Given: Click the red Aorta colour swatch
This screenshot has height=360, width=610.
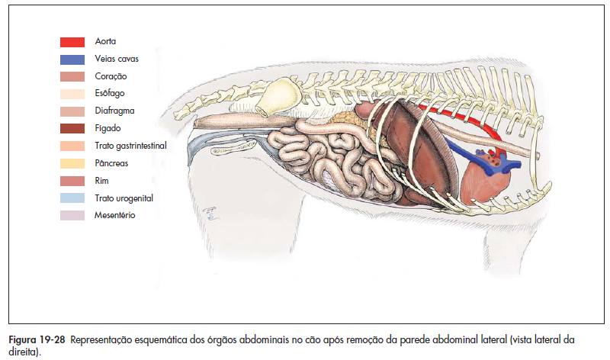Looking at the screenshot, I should coord(72,42).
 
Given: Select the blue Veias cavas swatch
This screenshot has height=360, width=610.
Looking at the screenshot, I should coord(72,59).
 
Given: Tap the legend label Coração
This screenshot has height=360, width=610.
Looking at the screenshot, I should coord(111,76).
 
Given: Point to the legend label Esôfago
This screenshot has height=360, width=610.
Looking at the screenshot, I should coord(110,94).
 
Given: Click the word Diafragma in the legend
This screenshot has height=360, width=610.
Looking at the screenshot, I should coord(114,111).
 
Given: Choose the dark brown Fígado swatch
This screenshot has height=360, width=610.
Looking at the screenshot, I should coord(72,128).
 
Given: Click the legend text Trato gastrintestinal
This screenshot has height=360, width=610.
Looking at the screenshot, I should coord(130,146).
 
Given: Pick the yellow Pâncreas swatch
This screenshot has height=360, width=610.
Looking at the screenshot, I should coord(72,163).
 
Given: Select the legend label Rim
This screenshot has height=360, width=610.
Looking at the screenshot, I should coord(101,180).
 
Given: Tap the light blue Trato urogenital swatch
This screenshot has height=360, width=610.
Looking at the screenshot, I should coord(72,198).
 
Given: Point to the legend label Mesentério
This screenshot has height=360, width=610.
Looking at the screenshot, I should coord(115,215).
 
